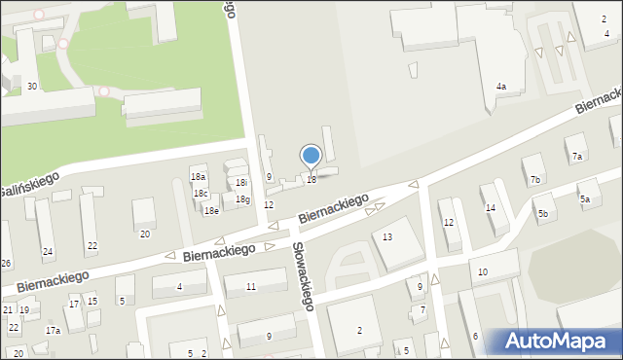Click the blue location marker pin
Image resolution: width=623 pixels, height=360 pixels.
[x=311, y=156]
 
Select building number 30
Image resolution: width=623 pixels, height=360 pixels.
[x=32, y=87]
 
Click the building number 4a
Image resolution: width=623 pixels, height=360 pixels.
[x=500, y=87]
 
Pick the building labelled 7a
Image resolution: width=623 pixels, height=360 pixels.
[x=576, y=156]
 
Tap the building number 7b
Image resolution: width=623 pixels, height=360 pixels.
[x=534, y=179]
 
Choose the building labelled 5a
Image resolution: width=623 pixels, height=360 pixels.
[x=585, y=198]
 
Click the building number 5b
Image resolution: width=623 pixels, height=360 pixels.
[x=543, y=212]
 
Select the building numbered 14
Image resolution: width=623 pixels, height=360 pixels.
[x=491, y=207]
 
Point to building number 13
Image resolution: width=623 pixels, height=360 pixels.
[x=387, y=237]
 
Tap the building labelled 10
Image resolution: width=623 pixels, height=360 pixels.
[x=483, y=271]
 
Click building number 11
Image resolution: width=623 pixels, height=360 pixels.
[x=251, y=286]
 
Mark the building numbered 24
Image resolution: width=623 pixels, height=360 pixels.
[x=47, y=252]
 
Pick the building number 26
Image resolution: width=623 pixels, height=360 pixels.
[x=6, y=264]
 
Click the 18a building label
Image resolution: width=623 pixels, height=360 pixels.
[x=198, y=177]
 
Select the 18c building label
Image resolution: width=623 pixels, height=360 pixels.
[x=201, y=193]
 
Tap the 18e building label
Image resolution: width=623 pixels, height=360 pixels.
[x=210, y=210]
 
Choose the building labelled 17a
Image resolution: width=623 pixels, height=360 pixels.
[x=53, y=331]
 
